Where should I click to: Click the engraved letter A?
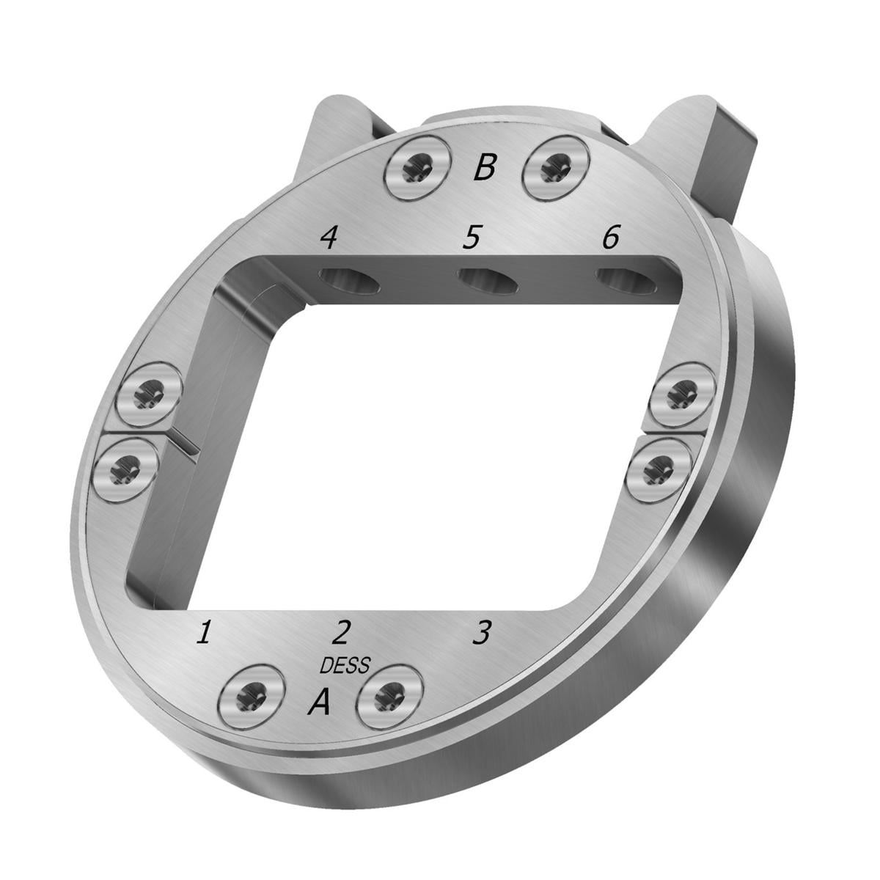(x=320, y=703)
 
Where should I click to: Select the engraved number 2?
(x=342, y=631)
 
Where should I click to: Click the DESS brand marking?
(x=345, y=665)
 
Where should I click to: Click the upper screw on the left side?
(x=149, y=396)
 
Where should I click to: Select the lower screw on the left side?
(x=127, y=467)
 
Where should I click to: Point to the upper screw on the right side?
(x=683, y=395)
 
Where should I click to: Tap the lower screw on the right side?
(x=659, y=467)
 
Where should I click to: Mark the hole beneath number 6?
(x=626, y=282)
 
